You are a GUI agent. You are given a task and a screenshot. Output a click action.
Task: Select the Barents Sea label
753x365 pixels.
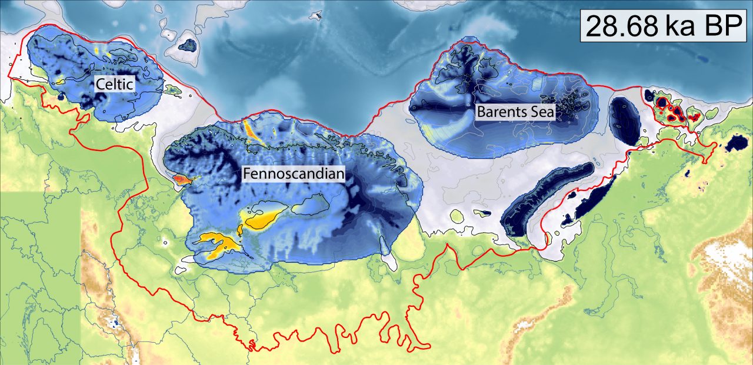[x=515, y=112]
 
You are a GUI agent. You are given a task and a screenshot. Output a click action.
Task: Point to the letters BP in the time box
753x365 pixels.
[x=723, y=27]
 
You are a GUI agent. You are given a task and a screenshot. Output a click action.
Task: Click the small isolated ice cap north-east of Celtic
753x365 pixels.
[x=188, y=45]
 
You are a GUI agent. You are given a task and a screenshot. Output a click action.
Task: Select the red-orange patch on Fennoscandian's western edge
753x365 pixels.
[x=182, y=178]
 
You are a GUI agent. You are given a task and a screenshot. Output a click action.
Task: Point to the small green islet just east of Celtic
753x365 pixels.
[x=173, y=90]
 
